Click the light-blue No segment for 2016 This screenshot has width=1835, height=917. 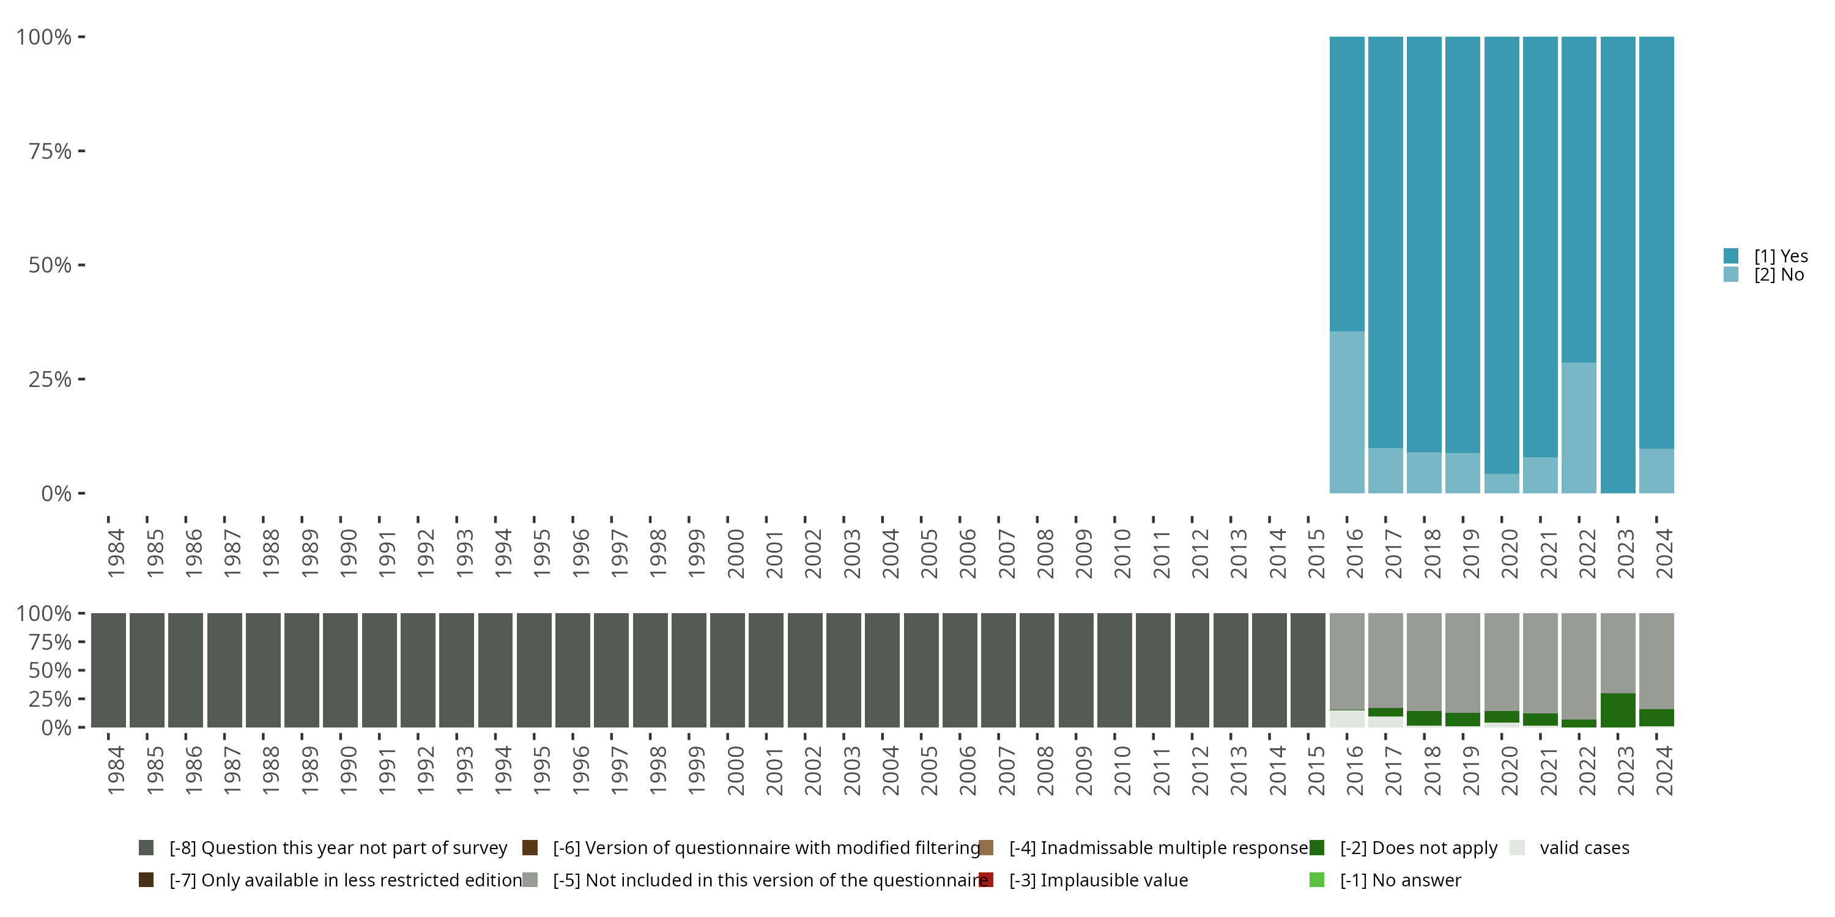point(1346,412)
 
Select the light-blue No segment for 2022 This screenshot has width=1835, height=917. point(1579,428)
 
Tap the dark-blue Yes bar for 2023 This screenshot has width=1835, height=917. point(1617,264)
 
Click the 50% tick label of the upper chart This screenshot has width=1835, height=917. point(50,265)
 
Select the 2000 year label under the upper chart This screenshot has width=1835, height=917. point(735,553)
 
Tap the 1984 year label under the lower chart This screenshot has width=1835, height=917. point(116,770)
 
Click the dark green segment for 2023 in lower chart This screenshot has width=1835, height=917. point(1617,710)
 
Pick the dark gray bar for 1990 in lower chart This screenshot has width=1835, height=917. point(341,670)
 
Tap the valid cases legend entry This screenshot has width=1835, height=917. point(1584,848)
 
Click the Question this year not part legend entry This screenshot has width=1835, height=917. point(338,848)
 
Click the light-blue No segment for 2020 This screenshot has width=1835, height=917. point(1502,484)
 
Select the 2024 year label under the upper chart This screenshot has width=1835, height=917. point(1664,553)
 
